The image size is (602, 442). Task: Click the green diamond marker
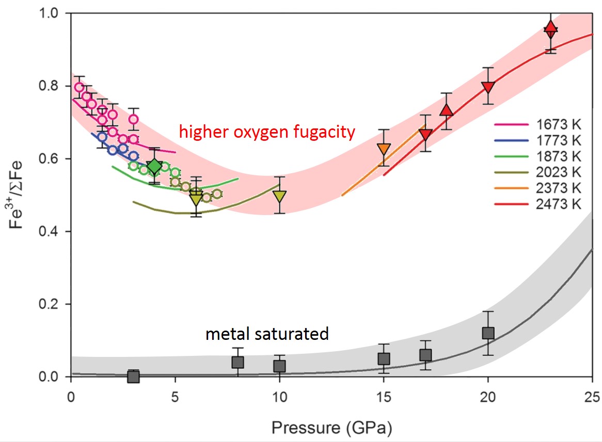tap(154, 167)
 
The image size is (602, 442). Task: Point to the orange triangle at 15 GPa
tap(383, 150)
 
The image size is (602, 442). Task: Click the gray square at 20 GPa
tap(488, 333)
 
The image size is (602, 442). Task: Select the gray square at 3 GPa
tap(133, 376)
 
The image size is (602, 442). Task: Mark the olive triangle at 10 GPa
tap(279, 196)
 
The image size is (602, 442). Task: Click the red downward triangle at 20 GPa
tap(488, 87)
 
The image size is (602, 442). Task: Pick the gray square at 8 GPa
tap(237, 362)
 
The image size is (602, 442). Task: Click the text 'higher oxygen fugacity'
tap(267, 133)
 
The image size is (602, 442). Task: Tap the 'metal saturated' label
tap(267, 334)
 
